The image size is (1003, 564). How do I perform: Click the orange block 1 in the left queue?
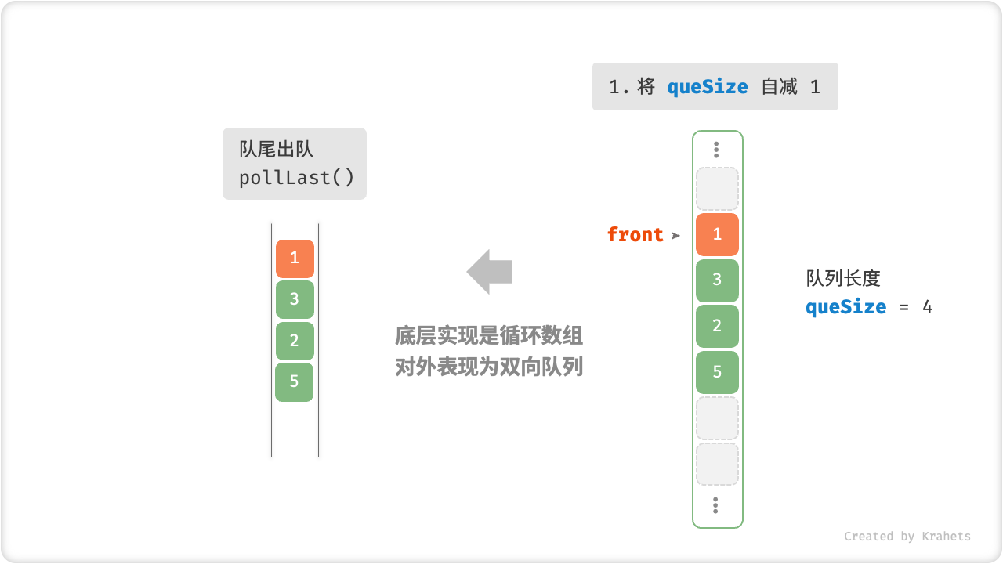[295, 258]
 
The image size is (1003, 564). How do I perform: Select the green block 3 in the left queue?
[295, 299]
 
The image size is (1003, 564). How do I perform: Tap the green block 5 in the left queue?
[295, 381]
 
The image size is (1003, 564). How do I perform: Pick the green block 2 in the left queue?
[295, 341]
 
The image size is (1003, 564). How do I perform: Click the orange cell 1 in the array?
[717, 234]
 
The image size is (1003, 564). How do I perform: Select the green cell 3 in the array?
[717, 280]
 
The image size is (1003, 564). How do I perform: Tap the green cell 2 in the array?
[717, 326]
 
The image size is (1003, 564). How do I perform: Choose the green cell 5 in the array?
[717, 372]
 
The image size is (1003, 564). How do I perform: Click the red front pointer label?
[635, 234]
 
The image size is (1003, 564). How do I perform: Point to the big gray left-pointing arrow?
[490, 272]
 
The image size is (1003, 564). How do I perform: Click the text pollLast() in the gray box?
[297, 178]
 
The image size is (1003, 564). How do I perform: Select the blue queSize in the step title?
[708, 87]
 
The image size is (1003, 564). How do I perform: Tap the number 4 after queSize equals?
[927, 306]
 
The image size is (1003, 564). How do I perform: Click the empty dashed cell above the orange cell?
[717, 189]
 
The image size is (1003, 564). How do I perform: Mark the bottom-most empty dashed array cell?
[717, 464]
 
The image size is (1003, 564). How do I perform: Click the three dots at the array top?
[716, 150]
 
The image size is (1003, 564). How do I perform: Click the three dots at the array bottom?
[716, 505]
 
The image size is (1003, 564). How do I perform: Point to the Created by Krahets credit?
[907, 537]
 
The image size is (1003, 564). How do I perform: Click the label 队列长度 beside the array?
[843, 279]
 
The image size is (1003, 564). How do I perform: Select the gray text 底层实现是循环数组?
[489, 336]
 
